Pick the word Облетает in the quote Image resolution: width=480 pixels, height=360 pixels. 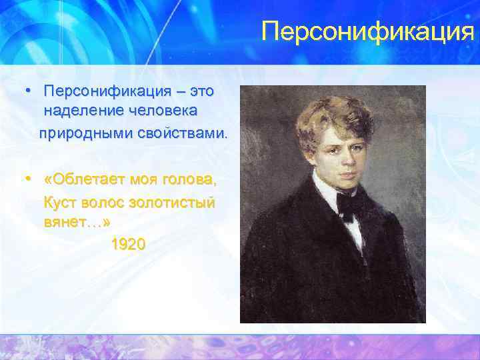(x=86, y=179)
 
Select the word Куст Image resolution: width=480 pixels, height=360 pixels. (x=59, y=201)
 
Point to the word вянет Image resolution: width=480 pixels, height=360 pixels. (x=65, y=222)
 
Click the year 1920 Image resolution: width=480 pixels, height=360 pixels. (x=128, y=245)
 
